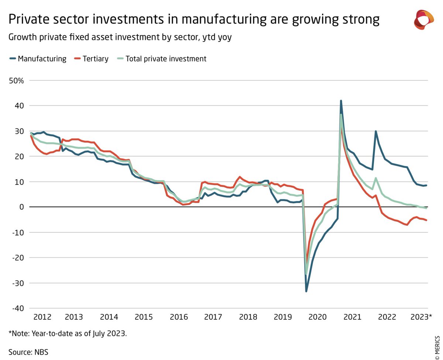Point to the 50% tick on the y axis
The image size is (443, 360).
(16, 80)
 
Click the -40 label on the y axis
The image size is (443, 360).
(17, 308)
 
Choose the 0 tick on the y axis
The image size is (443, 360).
(21, 207)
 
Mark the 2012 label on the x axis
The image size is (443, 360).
(42, 317)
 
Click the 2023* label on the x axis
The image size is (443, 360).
(421, 317)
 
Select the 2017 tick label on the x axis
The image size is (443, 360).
(213, 317)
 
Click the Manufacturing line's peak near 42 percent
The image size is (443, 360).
(341, 101)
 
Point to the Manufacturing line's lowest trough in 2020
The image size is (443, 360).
(306, 291)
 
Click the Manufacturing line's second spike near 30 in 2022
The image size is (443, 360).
(375, 131)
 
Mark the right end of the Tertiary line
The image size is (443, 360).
(427, 220)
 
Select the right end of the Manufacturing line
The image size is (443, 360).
(427, 185)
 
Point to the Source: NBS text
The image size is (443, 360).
(28, 352)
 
